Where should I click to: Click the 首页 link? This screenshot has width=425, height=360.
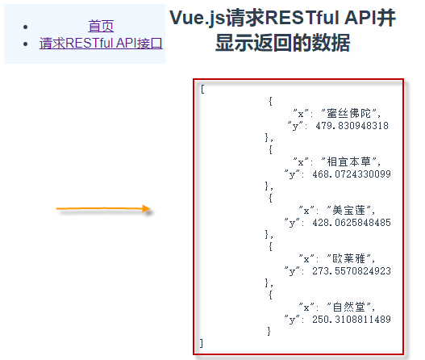(101, 26)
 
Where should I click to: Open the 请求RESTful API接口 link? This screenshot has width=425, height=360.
(101, 43)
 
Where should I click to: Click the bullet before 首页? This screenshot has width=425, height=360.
(26, 27)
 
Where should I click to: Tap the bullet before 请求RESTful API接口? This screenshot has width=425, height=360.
(26, 44)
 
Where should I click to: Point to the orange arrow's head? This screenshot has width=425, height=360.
(147, 208)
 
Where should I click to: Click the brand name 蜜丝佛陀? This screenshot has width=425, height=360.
(348, 113)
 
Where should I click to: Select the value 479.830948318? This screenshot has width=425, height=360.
(352, 126)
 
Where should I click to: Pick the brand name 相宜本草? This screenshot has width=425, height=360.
(348, 162)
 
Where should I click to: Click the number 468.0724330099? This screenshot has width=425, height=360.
(352, 174)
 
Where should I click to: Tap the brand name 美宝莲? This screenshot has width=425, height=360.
(349, 211)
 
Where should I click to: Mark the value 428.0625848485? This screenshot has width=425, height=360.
(352, 223)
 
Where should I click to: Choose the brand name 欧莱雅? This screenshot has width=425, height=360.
(349, 259)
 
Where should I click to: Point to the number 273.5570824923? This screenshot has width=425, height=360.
(352, 271)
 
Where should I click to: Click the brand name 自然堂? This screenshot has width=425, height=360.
(349, 308)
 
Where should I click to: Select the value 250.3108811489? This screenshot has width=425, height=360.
(352, 320)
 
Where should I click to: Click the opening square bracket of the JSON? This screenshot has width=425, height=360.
(202, 89)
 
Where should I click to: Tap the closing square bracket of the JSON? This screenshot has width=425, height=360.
(201, 343)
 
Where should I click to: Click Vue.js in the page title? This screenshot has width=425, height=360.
(198, 19)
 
